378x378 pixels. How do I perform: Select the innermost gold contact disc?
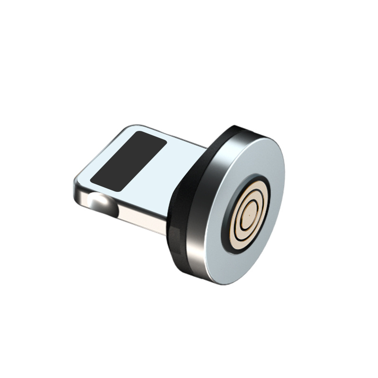pos(247,215)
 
